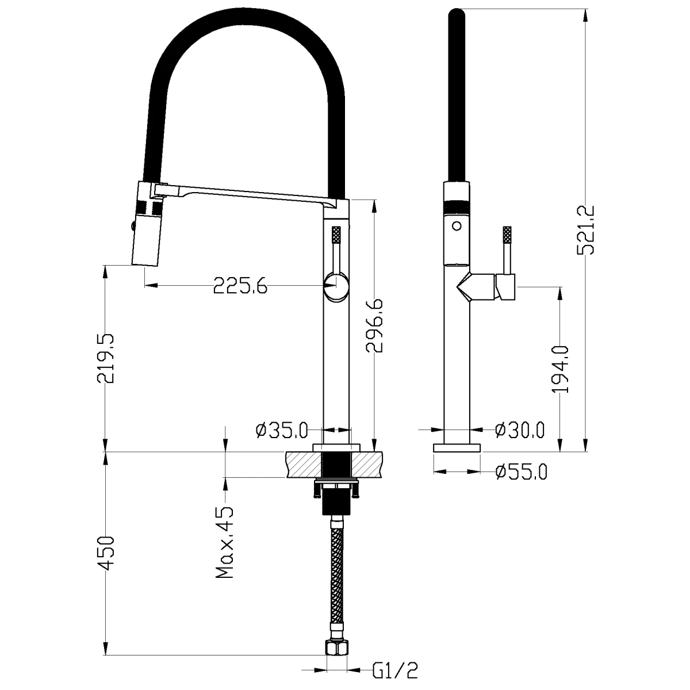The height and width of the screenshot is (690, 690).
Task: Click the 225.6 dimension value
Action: [x=240, y=286]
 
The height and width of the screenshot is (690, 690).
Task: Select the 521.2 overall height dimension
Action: [x=585, y=230]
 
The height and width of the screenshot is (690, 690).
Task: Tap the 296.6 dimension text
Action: [x=374, y=325]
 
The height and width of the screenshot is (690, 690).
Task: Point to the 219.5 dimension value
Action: [x=106, y=358]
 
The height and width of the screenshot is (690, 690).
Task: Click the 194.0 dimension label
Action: [x=560, y=370]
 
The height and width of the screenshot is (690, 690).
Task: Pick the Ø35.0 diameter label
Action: [x=282, y=430]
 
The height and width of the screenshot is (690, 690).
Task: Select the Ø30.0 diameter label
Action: [x=520, y=430]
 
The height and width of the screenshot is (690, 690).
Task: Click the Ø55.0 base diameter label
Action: [x=522, y=471]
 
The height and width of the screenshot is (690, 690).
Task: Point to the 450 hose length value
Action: [x=106, y=553]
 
